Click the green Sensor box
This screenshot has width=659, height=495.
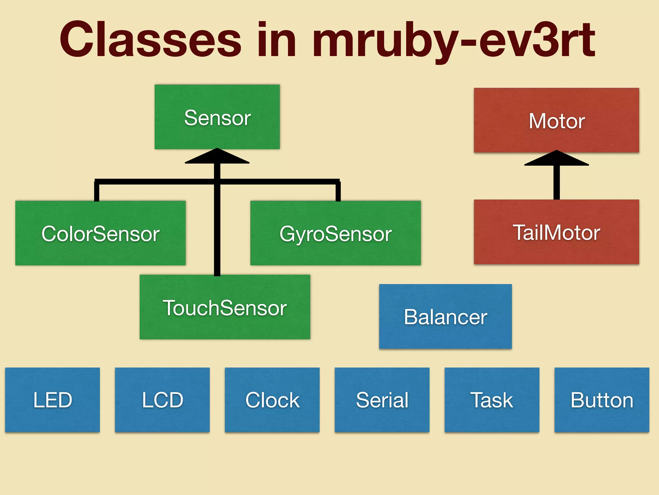coord(217,117)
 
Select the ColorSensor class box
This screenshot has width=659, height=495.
coord(100,233)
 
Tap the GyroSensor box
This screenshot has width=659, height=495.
coord(335,233)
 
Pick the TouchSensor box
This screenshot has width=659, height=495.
coord(225,307)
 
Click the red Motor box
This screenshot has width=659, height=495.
coord(556,120)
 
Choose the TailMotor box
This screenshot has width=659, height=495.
coord(556,232)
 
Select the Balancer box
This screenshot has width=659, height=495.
coord(445,316)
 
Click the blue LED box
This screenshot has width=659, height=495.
coord(52,400)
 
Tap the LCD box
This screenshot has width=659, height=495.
coord(162,400)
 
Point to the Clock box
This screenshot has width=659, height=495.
coord(272,400)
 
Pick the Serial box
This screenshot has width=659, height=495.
coord(382,400)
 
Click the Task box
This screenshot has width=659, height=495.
coord(492,400)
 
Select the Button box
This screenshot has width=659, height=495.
coord(602,400)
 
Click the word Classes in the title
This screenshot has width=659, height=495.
coord(150,40)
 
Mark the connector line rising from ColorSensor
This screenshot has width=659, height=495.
coord(97,191)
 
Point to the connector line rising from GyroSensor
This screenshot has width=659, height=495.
coord(338,191)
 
